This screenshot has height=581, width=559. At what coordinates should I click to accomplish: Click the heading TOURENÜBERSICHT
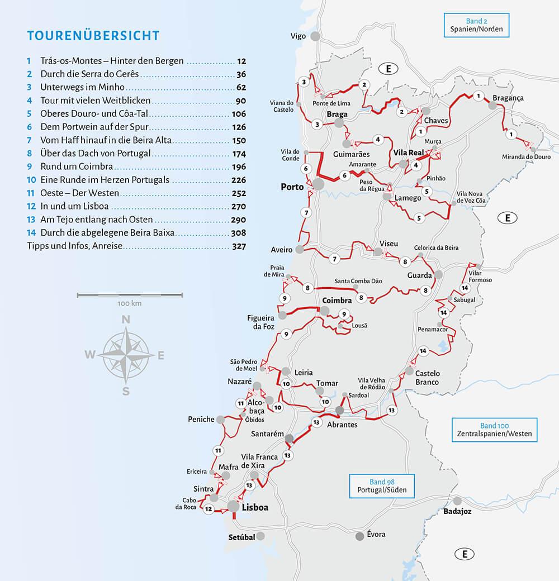pyautogui.click(x=93, y=36)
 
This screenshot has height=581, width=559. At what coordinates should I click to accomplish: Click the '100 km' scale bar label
pyautogui.click(x=130, y=303)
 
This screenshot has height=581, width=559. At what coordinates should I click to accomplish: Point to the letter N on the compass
pyautogui.click(x=126, y=320)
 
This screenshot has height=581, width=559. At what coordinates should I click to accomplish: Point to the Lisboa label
pyautogui.click(x=256, y=507)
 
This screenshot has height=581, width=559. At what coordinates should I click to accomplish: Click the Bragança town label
pyautogui.click(x=508, y=98)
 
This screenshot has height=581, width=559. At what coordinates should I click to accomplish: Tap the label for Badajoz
pyautogui.click(x=458, y=511)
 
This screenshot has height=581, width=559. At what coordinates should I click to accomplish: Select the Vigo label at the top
pyautogui.click(x=299, y=36)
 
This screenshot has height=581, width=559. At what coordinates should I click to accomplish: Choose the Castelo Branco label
pyautogui.click(x=428, y=378)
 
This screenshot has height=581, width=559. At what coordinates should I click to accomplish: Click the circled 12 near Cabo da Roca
pyautogui.click(x=209, y=509)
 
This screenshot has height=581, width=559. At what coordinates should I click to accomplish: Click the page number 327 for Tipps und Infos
pyautogui.click(x=239, y=246)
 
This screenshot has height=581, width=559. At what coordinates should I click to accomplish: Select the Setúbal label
pyautogui.click(x=241, y=536)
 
